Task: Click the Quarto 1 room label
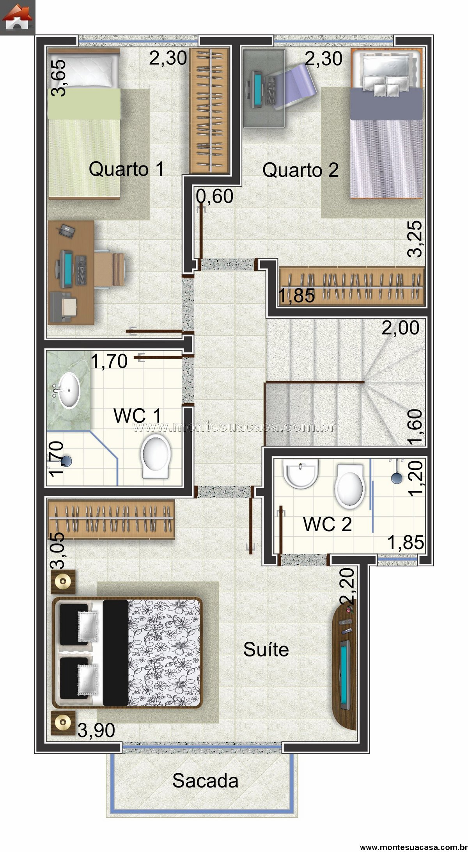(x=126, y=169)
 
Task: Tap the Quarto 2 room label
(x=300, y=170)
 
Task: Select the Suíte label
(x=266, y=649)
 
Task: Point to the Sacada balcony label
(x=205, y=781)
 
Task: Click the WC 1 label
(x=137, y=415)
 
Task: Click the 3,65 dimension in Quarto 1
(x=57, y=77)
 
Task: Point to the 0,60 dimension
(x=214, y=196)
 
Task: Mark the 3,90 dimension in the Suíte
(x=96, y=730)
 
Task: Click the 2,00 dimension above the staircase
(x=401, y=327)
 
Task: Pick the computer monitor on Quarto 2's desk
(x=257, y=90)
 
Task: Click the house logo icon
(x=17, y=18)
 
